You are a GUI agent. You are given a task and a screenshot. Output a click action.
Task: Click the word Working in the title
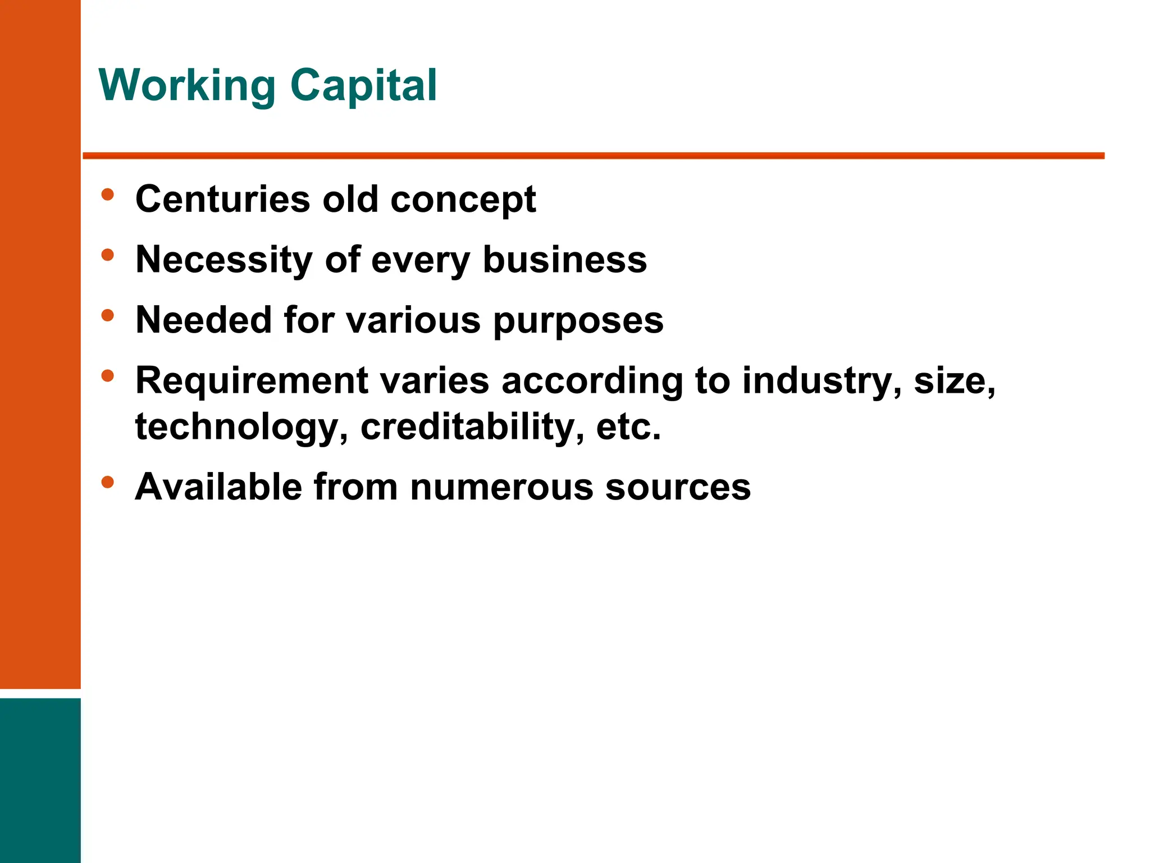pyautogui.click(x=186, y=85)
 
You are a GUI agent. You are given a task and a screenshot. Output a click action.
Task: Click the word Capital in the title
pyautogui.click(x=363, y=85)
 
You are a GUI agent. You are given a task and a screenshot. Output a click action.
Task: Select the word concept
pyautogui.click(x=463, y=200)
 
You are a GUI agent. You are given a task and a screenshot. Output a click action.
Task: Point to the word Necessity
pyautogui.click(x=224, y=260)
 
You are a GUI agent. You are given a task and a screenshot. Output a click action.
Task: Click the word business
pyautogui.click(x=564, y=260)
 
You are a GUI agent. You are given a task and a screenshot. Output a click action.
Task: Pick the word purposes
pyautogui.click(x=578, y=321)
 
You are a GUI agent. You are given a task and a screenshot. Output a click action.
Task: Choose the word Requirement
pyautogui.click(x=251, y=381)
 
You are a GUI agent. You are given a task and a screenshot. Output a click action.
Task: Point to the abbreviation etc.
pyautogui.click(x=628, y=427)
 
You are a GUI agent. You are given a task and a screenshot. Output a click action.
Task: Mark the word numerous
pyautogui.click(x=501, y=487)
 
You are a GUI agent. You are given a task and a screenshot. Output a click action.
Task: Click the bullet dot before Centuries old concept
pyautogui.click(x=108, y=195)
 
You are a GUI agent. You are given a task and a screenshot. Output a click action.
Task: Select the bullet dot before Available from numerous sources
pyautogui.click(x=108, y=482)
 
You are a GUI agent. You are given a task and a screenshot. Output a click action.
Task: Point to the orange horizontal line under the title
pyautogui.click(x=593, y=156)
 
